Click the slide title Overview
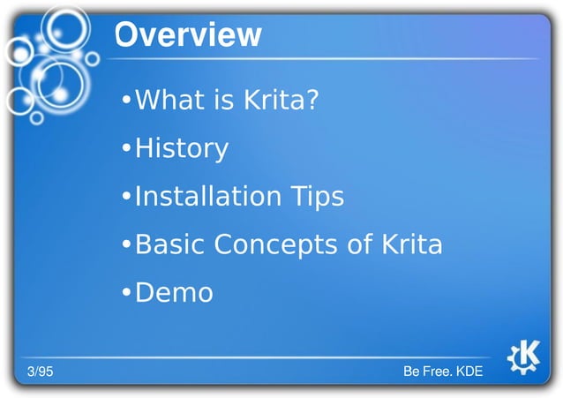pyautogui.click(x=188, y=34)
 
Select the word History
pyautogui.click(x=181, y=148)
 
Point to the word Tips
pyautogui.click(x=317, y=197)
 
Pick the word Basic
pyautogui.click(x=168, y=244)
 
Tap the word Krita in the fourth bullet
pyautogui.click(x=411, y=244)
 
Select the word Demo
pyautogui.click(x=174, y=292)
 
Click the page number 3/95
pyautogui.click(x=39, y=372)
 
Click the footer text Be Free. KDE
pyautogui.click(x=442, y=372)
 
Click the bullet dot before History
pyautogui.click(x=127, y=149)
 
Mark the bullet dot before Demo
pyautogui.click(x=127, y=293)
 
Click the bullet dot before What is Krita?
pyautogui.click(x=127, y=101)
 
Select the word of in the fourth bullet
pyautogui.click(x=360, y=244)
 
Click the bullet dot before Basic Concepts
pyautogui.click(x=127, y=245)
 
